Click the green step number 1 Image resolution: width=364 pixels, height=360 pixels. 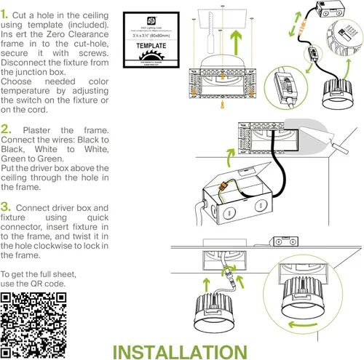click(x=6, y=15)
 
